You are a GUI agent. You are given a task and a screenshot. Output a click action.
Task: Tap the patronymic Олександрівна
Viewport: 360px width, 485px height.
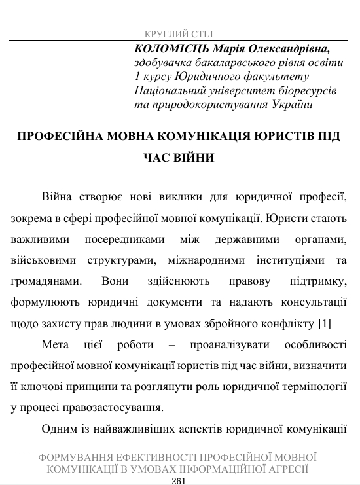(295, 49)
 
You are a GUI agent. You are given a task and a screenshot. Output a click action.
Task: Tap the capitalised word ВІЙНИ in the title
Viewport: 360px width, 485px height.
(191, 158)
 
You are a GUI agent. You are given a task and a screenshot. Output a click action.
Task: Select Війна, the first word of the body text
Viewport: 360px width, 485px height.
(57, 198)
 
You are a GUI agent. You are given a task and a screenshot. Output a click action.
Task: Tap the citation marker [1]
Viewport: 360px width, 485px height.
(324, 323)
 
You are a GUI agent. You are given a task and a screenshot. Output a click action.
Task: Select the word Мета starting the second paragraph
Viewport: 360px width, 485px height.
(55, 344)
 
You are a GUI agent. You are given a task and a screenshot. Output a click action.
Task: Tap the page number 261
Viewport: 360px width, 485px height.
(179, 481)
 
